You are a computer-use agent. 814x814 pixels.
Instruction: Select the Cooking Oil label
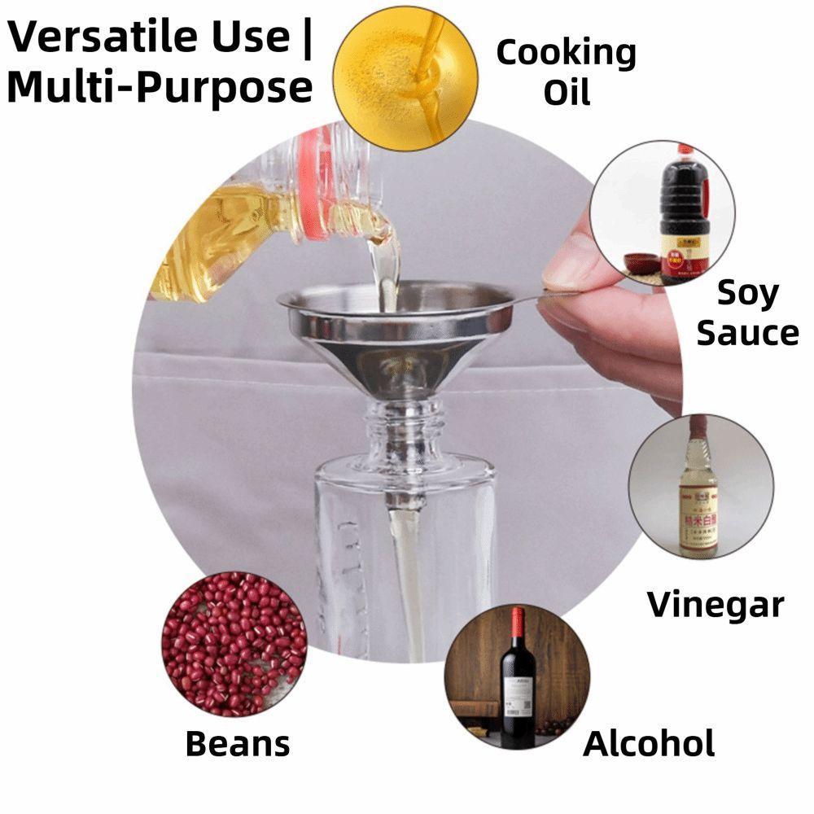tap(566, 72)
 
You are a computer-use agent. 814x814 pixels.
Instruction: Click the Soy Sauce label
tap(747, 313)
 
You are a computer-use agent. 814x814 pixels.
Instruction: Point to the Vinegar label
tap(716, 604)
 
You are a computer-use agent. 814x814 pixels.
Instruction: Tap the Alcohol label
tap(649, 742)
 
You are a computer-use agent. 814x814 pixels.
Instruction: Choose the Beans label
tap(237, 742)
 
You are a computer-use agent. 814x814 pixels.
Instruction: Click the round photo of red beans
tap(234, 643)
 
